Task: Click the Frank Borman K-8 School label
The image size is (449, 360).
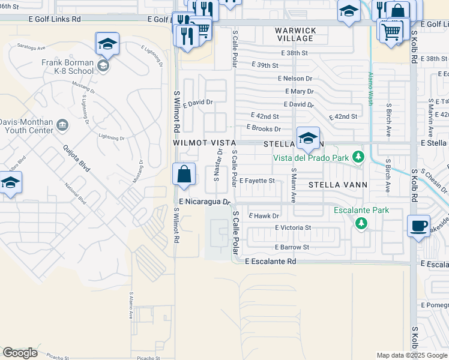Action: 67,66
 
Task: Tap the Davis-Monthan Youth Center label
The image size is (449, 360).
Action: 26,125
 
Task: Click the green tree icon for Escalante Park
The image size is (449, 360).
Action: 361,223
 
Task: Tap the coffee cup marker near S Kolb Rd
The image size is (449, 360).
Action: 419,226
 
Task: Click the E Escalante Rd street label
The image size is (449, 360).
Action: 271,262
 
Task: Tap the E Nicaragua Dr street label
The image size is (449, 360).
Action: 205,202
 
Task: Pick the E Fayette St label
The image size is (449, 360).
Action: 257,181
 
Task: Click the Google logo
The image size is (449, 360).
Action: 20,353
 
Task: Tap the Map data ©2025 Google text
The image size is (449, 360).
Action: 411,355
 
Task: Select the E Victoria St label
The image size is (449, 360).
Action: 293,228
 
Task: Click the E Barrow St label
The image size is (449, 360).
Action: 292,247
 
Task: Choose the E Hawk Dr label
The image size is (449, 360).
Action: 264,216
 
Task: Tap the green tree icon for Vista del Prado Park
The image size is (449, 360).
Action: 358,157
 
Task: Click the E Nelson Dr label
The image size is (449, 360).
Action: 295,79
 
